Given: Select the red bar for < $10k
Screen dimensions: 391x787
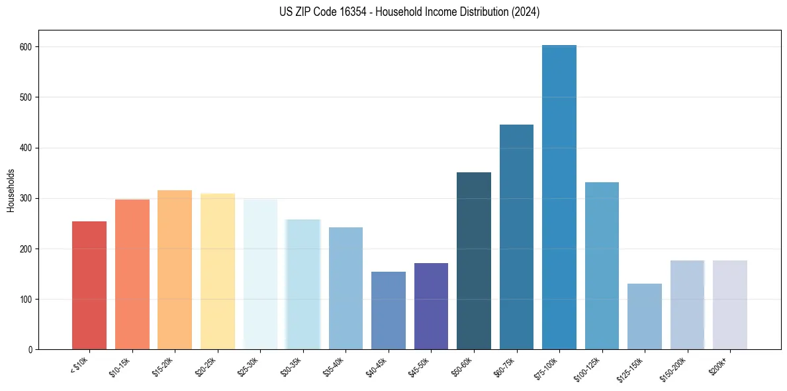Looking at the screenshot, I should (89, 285).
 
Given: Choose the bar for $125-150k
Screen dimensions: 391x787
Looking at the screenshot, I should (645, 316).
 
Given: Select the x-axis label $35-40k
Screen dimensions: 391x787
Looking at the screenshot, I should (336, 366).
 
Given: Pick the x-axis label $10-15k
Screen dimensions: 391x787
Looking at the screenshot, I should (122, 366).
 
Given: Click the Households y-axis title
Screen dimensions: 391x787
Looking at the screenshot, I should (11, 190).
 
